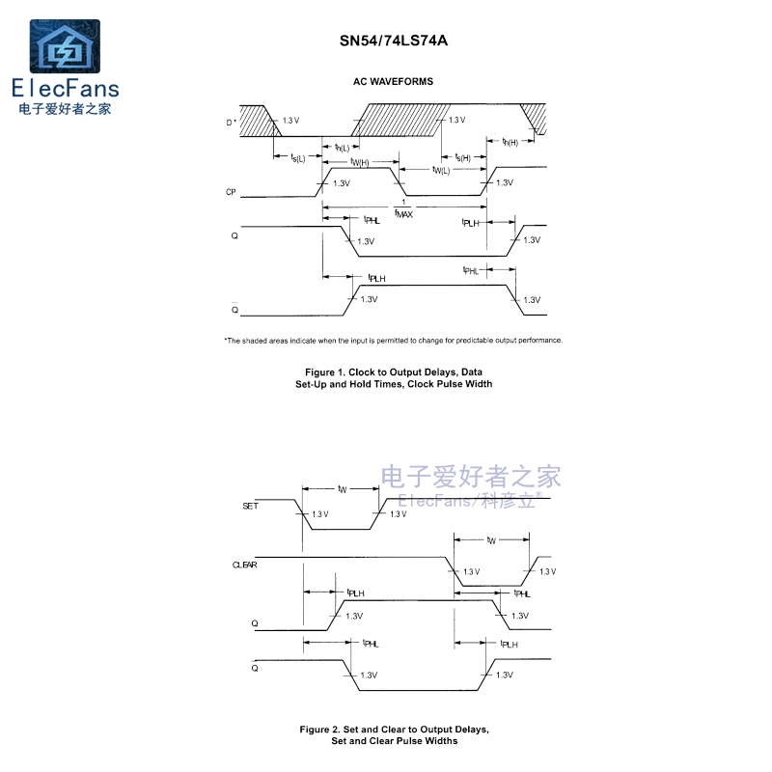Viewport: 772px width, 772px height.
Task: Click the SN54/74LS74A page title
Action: pyautogui.click(x=394, y=41)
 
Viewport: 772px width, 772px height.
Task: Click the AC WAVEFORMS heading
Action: pyautogui.click(x=393, y=82)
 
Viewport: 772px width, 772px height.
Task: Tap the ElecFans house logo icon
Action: pyautogui.click(x=65, y=46)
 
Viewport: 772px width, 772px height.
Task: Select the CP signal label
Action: pyautogui.click(x=231, y=192)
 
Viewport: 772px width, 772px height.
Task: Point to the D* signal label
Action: pyautogui.click(x=231, y=123)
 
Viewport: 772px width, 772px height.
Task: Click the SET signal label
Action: pyautogui.click(x=250, y=506)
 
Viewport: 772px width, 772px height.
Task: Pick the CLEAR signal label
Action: pyautogui.click(x=245, y=565)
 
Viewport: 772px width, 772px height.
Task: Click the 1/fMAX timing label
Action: pyautogui.click(x=403, y=209)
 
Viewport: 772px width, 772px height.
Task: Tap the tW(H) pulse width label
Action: pyautogui.click(x=359, y=162)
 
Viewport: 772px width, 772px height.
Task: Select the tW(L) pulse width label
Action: pyautogui.click(x=441, y=171)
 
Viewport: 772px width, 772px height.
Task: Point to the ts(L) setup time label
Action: pyautogui.click(x=298, y=157)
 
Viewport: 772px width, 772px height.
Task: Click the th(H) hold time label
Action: pyautogui.click(x=510, y=142)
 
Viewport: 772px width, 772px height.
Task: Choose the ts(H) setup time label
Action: pyautogui.click(x=463, y=157)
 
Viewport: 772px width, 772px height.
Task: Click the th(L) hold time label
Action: pyautogui.click(x=342, y=148)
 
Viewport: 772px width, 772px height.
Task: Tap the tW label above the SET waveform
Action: pyautogui.click(x=343, y=489)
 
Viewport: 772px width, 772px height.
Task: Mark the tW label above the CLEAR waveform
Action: pyautogui.click(x=491, y=540)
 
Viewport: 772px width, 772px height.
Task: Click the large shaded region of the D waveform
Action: pyautogui.click(x=400, y=120)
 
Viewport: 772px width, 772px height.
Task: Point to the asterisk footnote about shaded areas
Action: pyautogui.click(x=394, y=341)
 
